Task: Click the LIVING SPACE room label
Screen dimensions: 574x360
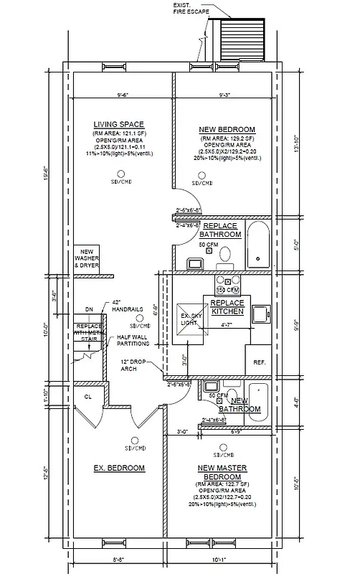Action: pos(120,124)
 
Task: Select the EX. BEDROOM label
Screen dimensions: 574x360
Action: pos(120,468)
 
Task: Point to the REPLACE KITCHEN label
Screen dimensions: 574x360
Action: pos(227,307)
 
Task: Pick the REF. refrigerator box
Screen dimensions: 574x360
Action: pos(259,362)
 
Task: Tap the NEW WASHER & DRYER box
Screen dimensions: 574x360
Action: pos(87,258)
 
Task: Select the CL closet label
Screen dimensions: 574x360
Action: pos(88,395)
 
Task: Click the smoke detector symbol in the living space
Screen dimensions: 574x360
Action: pos(120,174)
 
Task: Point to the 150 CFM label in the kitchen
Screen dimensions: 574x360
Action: pos(229,290)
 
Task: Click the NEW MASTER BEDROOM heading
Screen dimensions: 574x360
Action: pos(222,472)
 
